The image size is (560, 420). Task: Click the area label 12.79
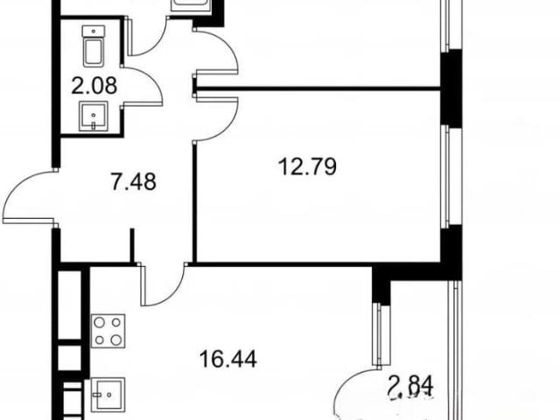coord(307,167)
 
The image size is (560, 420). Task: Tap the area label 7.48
coord(134,182)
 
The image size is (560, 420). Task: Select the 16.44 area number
coord(228,359)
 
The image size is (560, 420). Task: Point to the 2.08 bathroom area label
coord(94,86)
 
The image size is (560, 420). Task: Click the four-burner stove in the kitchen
coord(108,331)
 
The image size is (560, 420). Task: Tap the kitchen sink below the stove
coord(108,395)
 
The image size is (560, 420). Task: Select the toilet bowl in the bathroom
coord(94,53)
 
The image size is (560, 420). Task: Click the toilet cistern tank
coord(94,31)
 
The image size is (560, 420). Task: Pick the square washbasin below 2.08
coord(94,116)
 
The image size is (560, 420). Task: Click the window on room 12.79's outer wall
coord(444,176)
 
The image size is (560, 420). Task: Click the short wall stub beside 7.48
coord(132,246)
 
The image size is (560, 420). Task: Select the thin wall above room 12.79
coord(318,88)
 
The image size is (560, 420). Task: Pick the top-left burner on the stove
coord(99,323)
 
